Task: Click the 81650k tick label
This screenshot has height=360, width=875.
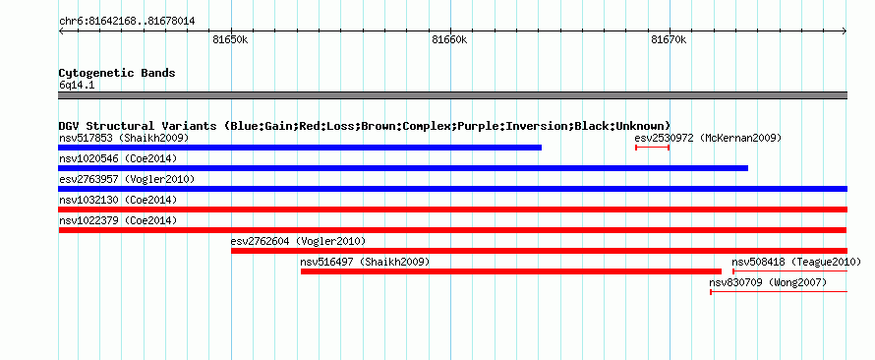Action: tap(230, 40)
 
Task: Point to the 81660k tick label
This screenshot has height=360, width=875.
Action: tap(449, 40)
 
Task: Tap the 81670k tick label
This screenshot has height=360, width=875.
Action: tap(669, 40)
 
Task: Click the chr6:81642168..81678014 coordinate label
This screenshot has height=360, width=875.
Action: tap(127, 22)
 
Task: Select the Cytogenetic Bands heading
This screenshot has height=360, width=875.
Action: tap(117, 73)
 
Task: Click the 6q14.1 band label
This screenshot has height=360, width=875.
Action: tap(77, 85)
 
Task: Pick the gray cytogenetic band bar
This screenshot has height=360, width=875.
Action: tap(452, 94)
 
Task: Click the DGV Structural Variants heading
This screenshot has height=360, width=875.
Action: tap(365, 126)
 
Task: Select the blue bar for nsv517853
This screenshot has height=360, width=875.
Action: tap(300, 148)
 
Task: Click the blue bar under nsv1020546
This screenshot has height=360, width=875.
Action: tap(403, 168)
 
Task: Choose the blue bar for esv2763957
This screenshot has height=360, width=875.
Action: tap(452, 189)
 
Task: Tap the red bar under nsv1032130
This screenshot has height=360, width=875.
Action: tap(452, 210)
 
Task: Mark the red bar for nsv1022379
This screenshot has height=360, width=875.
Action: tap(452, 230)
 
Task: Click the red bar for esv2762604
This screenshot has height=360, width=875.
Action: tap(539, 251)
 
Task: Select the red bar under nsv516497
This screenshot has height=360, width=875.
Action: tap(511, 271)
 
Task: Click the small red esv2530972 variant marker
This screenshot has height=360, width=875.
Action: tap(653, 148)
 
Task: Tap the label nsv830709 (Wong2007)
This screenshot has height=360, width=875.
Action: tap(768, 282)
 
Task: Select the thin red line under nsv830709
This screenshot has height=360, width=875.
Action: tap(779, 292)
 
